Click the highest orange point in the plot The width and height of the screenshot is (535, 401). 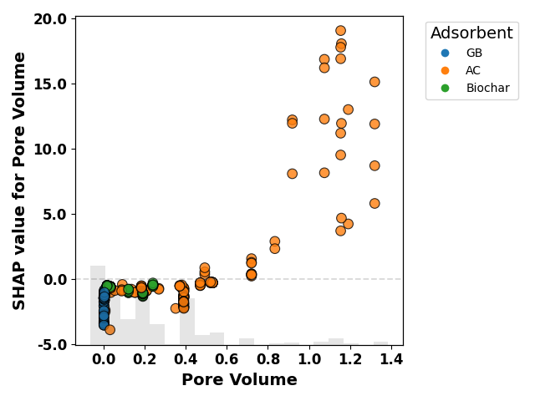pos(340,31)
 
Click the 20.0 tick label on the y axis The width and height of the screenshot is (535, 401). pos(50,19)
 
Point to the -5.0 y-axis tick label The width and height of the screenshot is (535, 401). pos(52,345)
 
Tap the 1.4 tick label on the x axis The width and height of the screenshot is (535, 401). pos(391,359)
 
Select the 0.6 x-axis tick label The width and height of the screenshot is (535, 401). pos(227,359)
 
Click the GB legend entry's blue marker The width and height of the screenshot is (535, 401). pos(445,53)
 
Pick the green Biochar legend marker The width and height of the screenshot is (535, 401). pos(445,88)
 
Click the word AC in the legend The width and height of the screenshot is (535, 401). pos(473,70)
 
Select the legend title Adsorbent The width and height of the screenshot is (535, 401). pos(471,33)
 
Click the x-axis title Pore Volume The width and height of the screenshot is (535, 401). pos(239,379)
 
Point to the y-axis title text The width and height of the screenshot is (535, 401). pos(18,180)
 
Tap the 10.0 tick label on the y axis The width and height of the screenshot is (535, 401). pos(50,150)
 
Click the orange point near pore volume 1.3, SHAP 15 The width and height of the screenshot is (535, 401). pos(374,82)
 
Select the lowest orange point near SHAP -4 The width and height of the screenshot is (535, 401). pos(110,330)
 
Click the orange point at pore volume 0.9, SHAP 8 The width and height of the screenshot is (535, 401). pos(292,174)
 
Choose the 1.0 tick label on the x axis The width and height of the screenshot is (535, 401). pos(309,359)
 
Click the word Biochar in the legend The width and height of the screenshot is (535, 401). pos(488,88)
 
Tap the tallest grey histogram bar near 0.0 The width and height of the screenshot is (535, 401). pos(98,305)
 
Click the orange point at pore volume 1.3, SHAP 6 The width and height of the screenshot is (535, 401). pos(374,204)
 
